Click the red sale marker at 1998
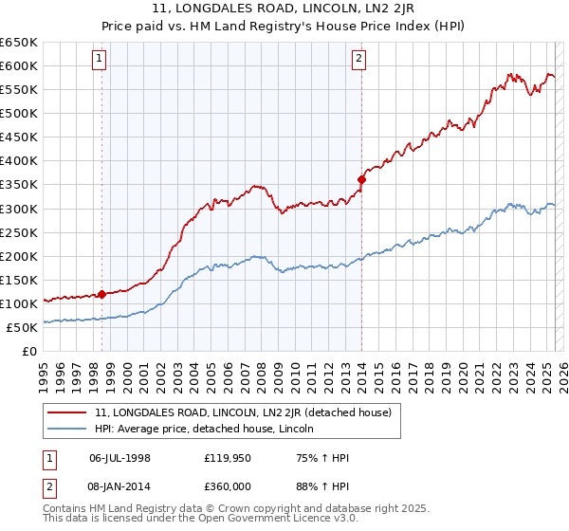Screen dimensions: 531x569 click(x=101, y=294)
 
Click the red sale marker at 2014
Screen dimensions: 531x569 click(x=361, y=179)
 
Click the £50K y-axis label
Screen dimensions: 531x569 click(x=22, y=327)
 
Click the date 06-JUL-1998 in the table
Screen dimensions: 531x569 click(x=119, y=458)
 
